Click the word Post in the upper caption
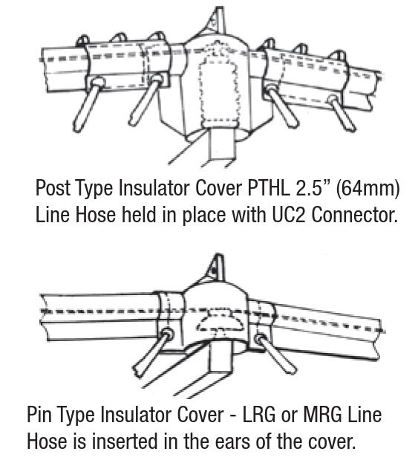point(53,188)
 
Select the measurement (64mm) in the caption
point(368,189)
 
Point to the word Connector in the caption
point(355,215)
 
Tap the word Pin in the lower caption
point(39,415)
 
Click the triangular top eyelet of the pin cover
point(216,268)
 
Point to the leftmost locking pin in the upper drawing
point(88,104)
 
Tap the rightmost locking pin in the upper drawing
point(342,113)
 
